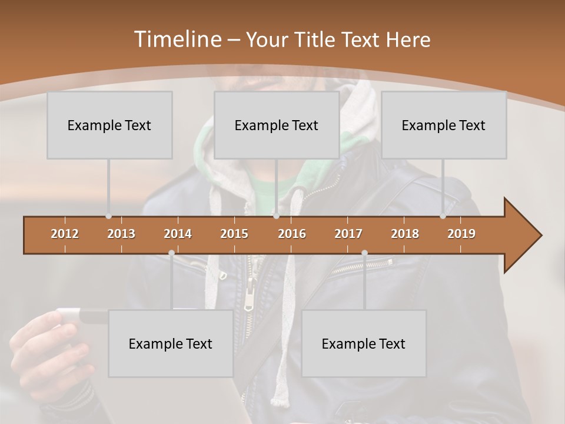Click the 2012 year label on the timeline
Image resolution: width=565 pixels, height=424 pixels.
click(65, 234)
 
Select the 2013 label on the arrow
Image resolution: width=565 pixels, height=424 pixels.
click(121, 234)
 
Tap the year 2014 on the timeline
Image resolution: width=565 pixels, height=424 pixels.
click(178, 234)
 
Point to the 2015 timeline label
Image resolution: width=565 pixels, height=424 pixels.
click(234, 234)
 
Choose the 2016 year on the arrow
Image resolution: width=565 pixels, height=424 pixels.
click(292, 234)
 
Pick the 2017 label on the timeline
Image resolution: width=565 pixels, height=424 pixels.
click(348, 234)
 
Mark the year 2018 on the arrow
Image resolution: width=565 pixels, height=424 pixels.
click(405, 234)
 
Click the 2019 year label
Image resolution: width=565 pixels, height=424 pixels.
click(461, 234)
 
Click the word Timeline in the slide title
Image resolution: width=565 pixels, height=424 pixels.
click(177, 39)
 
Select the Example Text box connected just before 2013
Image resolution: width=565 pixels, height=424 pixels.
click(109, 125)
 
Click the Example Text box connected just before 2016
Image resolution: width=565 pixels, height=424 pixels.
click(277, 125)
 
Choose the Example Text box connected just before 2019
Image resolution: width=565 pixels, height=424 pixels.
click(444, 125)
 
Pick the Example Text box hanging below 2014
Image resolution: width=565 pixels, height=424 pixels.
click(171, 343)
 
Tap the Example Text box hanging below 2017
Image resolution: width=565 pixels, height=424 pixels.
click(364, 343)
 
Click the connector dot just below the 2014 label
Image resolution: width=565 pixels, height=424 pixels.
click(171, 253)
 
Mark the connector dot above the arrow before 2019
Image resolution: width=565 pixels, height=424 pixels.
click(443, 216)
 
